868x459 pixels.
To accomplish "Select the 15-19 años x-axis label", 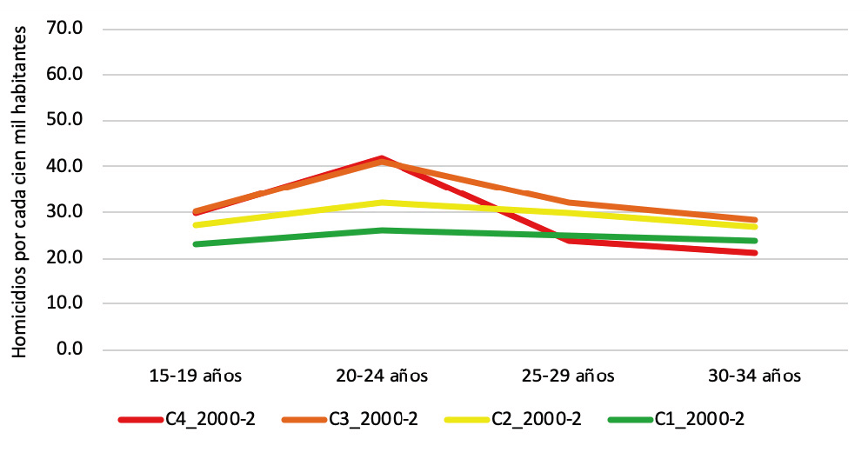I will (195, 376).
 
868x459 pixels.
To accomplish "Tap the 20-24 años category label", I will (382, 376).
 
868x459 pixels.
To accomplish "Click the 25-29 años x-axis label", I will (569, 376).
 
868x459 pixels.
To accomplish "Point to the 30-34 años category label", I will (755, 376).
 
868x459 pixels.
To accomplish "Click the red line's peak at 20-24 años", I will (382, 158).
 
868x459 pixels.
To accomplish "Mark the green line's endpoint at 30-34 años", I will (755, 241).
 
